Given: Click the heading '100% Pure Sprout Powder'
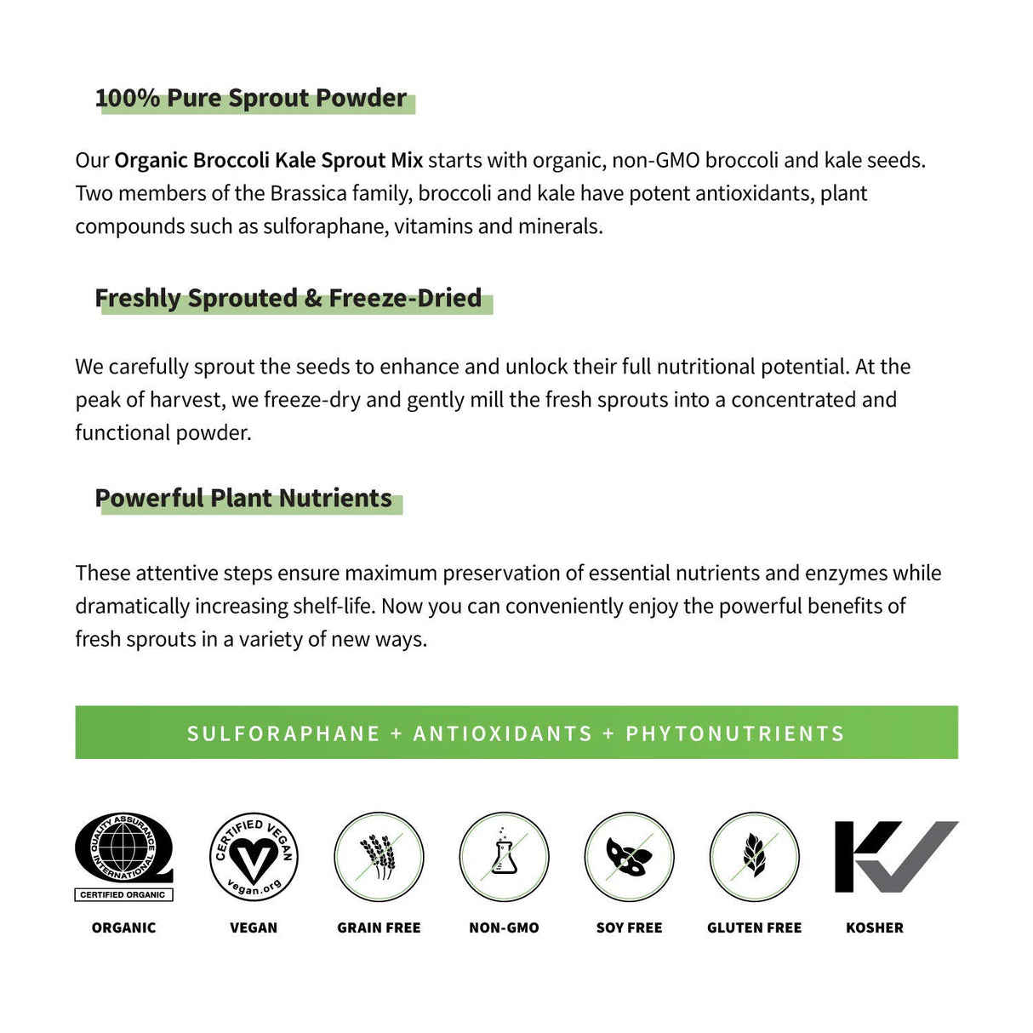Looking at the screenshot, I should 251,98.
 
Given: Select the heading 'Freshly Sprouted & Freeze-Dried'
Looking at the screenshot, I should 288,298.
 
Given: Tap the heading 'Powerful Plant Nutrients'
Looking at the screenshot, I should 243,498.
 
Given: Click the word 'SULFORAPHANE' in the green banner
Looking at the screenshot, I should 283,733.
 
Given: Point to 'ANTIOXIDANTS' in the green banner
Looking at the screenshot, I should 502,733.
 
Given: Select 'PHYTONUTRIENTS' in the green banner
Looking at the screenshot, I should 735,733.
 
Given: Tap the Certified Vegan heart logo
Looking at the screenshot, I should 253,856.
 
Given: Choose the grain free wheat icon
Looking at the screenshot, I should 379,856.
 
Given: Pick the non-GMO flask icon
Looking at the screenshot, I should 504,856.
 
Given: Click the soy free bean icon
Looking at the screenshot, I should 629,856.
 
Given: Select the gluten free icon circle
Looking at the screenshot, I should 754,856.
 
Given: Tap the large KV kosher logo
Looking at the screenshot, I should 896,856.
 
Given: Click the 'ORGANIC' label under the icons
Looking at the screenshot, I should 124,927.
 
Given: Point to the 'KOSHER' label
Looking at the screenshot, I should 875,927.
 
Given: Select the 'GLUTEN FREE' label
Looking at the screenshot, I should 754,927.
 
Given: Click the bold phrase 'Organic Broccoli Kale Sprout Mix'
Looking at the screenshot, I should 268,160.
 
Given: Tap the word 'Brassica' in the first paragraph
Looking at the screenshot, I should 309,193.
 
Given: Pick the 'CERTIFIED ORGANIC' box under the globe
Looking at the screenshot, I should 123,894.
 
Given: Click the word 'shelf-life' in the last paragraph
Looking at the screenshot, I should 333,606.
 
